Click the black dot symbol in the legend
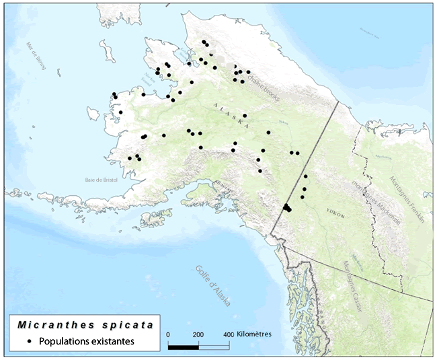(30, 341)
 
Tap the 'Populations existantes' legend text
(87, 341)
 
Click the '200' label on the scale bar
(198, 334)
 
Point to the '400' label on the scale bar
(229, 334)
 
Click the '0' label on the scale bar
(168, 334)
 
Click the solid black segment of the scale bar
(183, 347)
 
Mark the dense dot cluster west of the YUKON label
(287, 208)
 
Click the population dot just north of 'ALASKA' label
(245, 116)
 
